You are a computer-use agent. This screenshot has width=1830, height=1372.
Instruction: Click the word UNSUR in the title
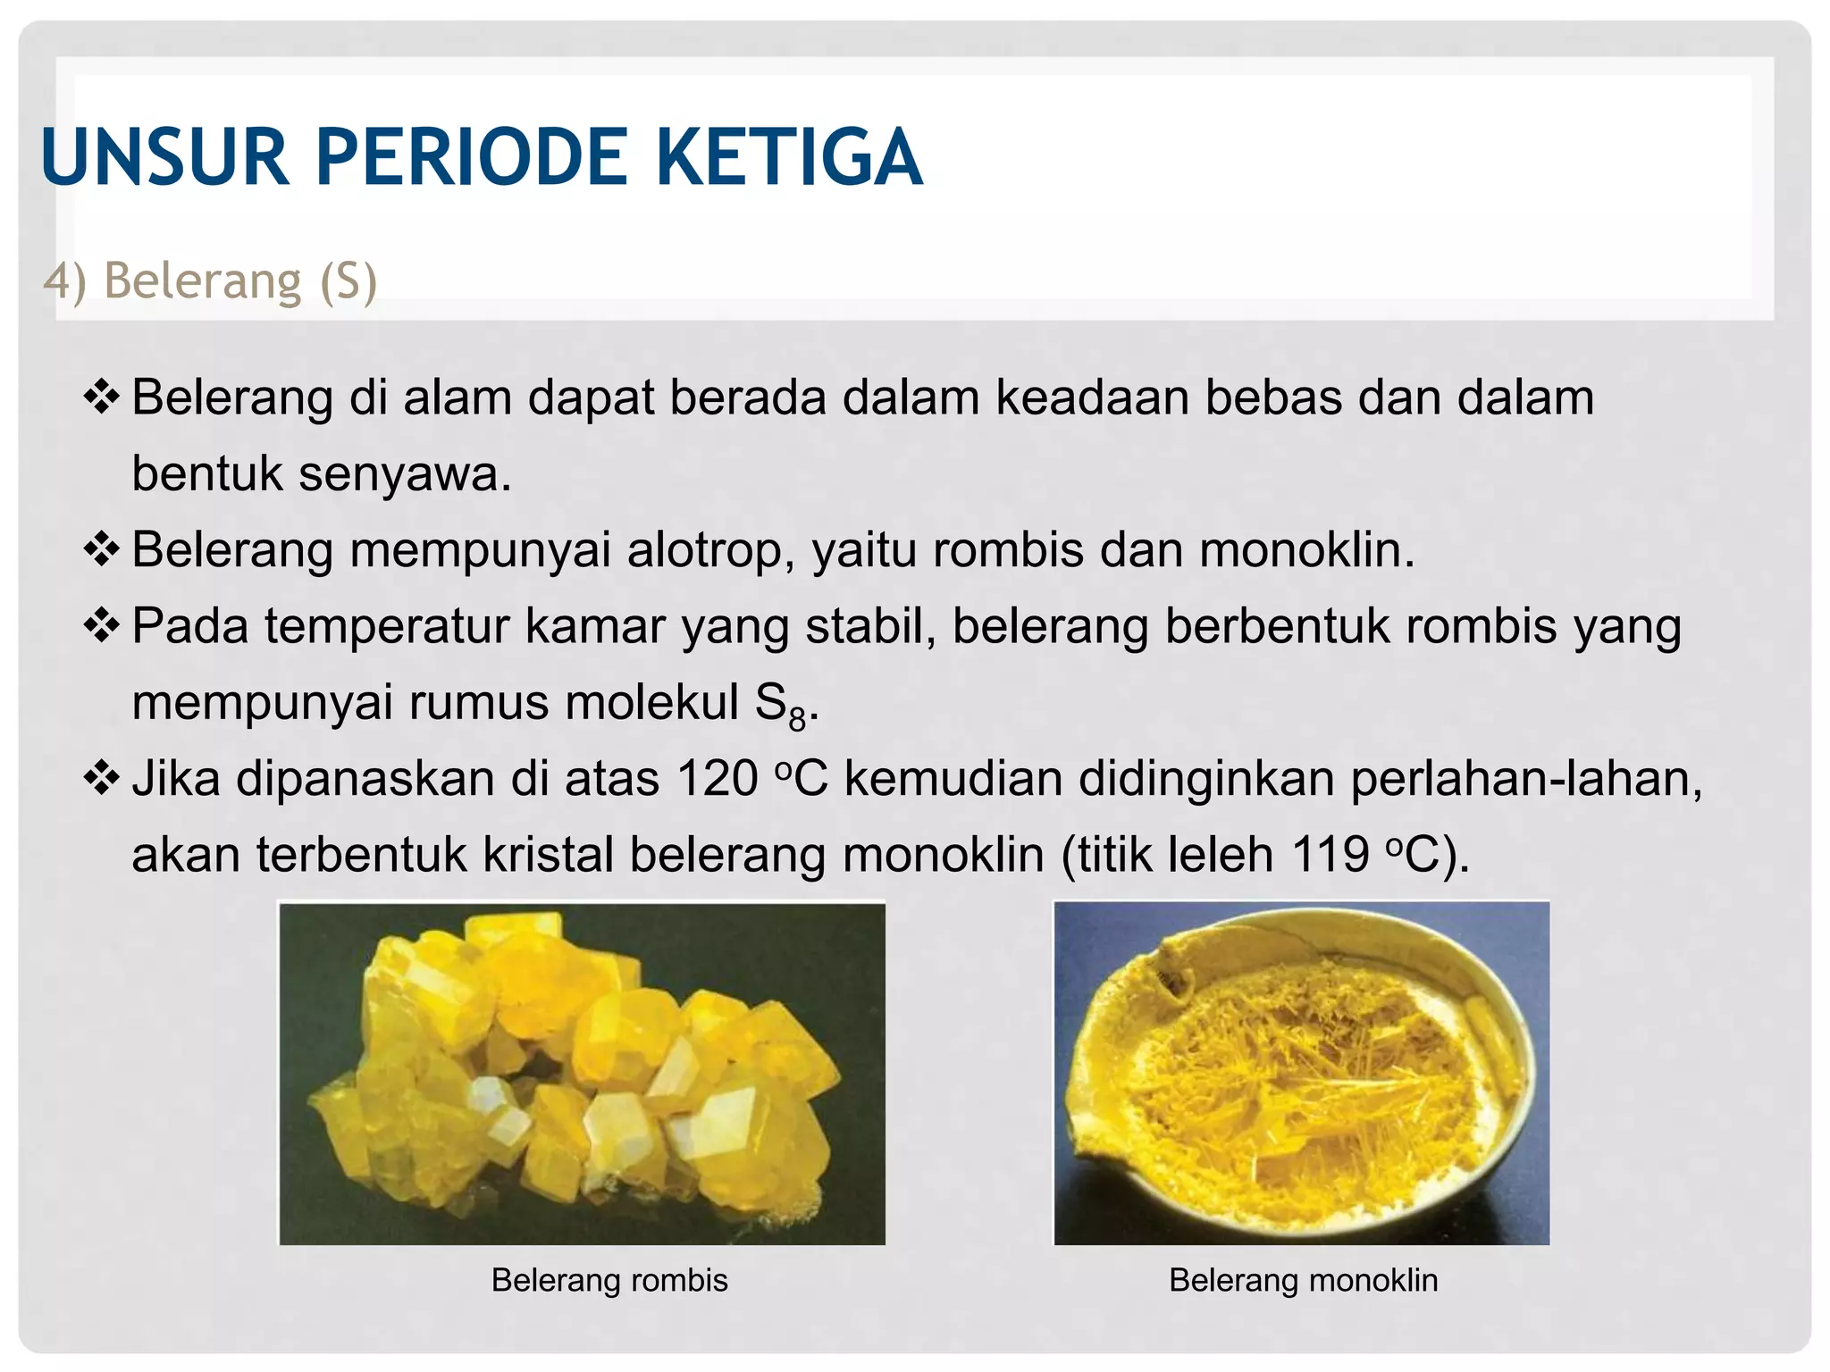coord(164,158)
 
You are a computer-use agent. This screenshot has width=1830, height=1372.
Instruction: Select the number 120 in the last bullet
coord(718,779)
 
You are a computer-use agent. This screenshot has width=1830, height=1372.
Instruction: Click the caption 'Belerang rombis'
coord(609,1280)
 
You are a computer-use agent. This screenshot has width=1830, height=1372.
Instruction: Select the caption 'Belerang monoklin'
coord(1303,1280)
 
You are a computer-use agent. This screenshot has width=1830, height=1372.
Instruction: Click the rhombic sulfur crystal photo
coord(582,1074)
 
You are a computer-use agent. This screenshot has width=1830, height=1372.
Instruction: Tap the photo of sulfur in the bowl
coord(1301,1073)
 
